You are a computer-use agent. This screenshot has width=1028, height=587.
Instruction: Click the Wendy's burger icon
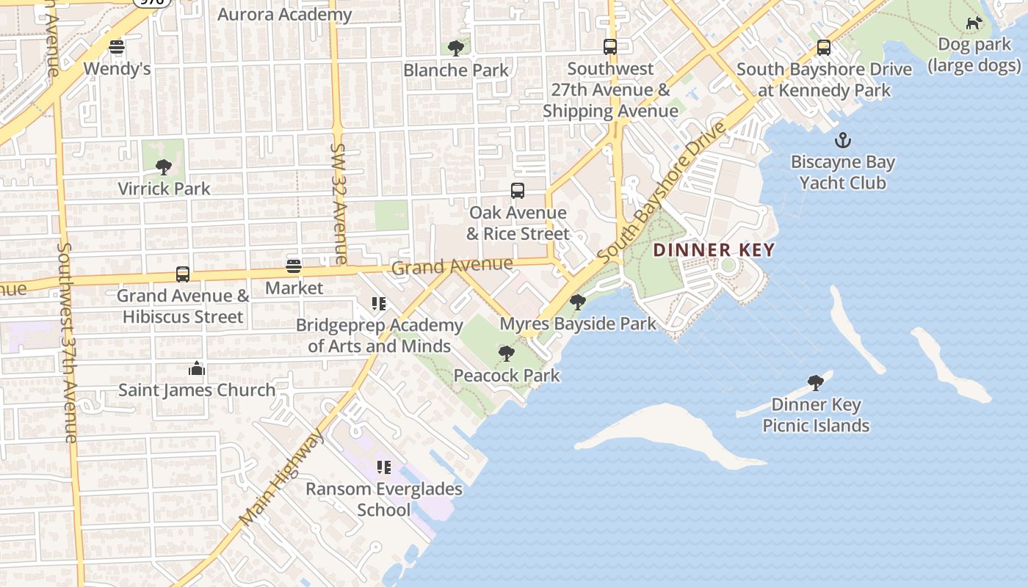coord(117,48)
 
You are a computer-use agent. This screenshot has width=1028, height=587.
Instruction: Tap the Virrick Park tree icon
coord(164,167)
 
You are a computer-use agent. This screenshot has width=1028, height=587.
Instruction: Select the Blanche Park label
coord(456,70)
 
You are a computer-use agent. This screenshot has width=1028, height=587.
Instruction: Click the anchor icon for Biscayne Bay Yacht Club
coord(842,140)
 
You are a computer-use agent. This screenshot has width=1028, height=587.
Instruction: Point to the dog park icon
coord(974,23)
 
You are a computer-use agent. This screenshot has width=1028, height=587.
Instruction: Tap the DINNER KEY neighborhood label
coord(714,249)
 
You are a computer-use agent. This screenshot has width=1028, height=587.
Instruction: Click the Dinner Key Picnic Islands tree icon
coord(815,382)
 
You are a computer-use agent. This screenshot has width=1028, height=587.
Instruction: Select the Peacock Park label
coord(507,376)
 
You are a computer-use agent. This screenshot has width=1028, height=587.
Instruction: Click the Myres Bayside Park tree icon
coord(578,302)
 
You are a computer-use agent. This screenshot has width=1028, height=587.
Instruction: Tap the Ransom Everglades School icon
coord(383,467)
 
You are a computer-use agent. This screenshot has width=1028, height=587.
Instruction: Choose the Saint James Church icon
coord(196,368)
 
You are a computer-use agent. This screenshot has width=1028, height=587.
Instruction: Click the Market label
coord(294,288)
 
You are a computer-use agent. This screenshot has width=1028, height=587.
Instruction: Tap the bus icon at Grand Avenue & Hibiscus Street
coord(183,274)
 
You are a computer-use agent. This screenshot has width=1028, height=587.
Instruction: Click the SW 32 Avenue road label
coord(339,203)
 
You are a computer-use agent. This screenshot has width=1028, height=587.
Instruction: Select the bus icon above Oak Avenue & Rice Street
coord(518,191)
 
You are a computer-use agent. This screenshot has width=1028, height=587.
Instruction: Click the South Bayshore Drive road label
coord(662,194)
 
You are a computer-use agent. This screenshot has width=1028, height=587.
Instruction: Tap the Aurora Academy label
coord(285,14)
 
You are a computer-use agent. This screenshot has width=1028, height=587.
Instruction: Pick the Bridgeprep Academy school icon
coord(379,303)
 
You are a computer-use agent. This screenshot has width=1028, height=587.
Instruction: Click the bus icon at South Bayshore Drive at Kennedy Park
coord(824,48)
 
